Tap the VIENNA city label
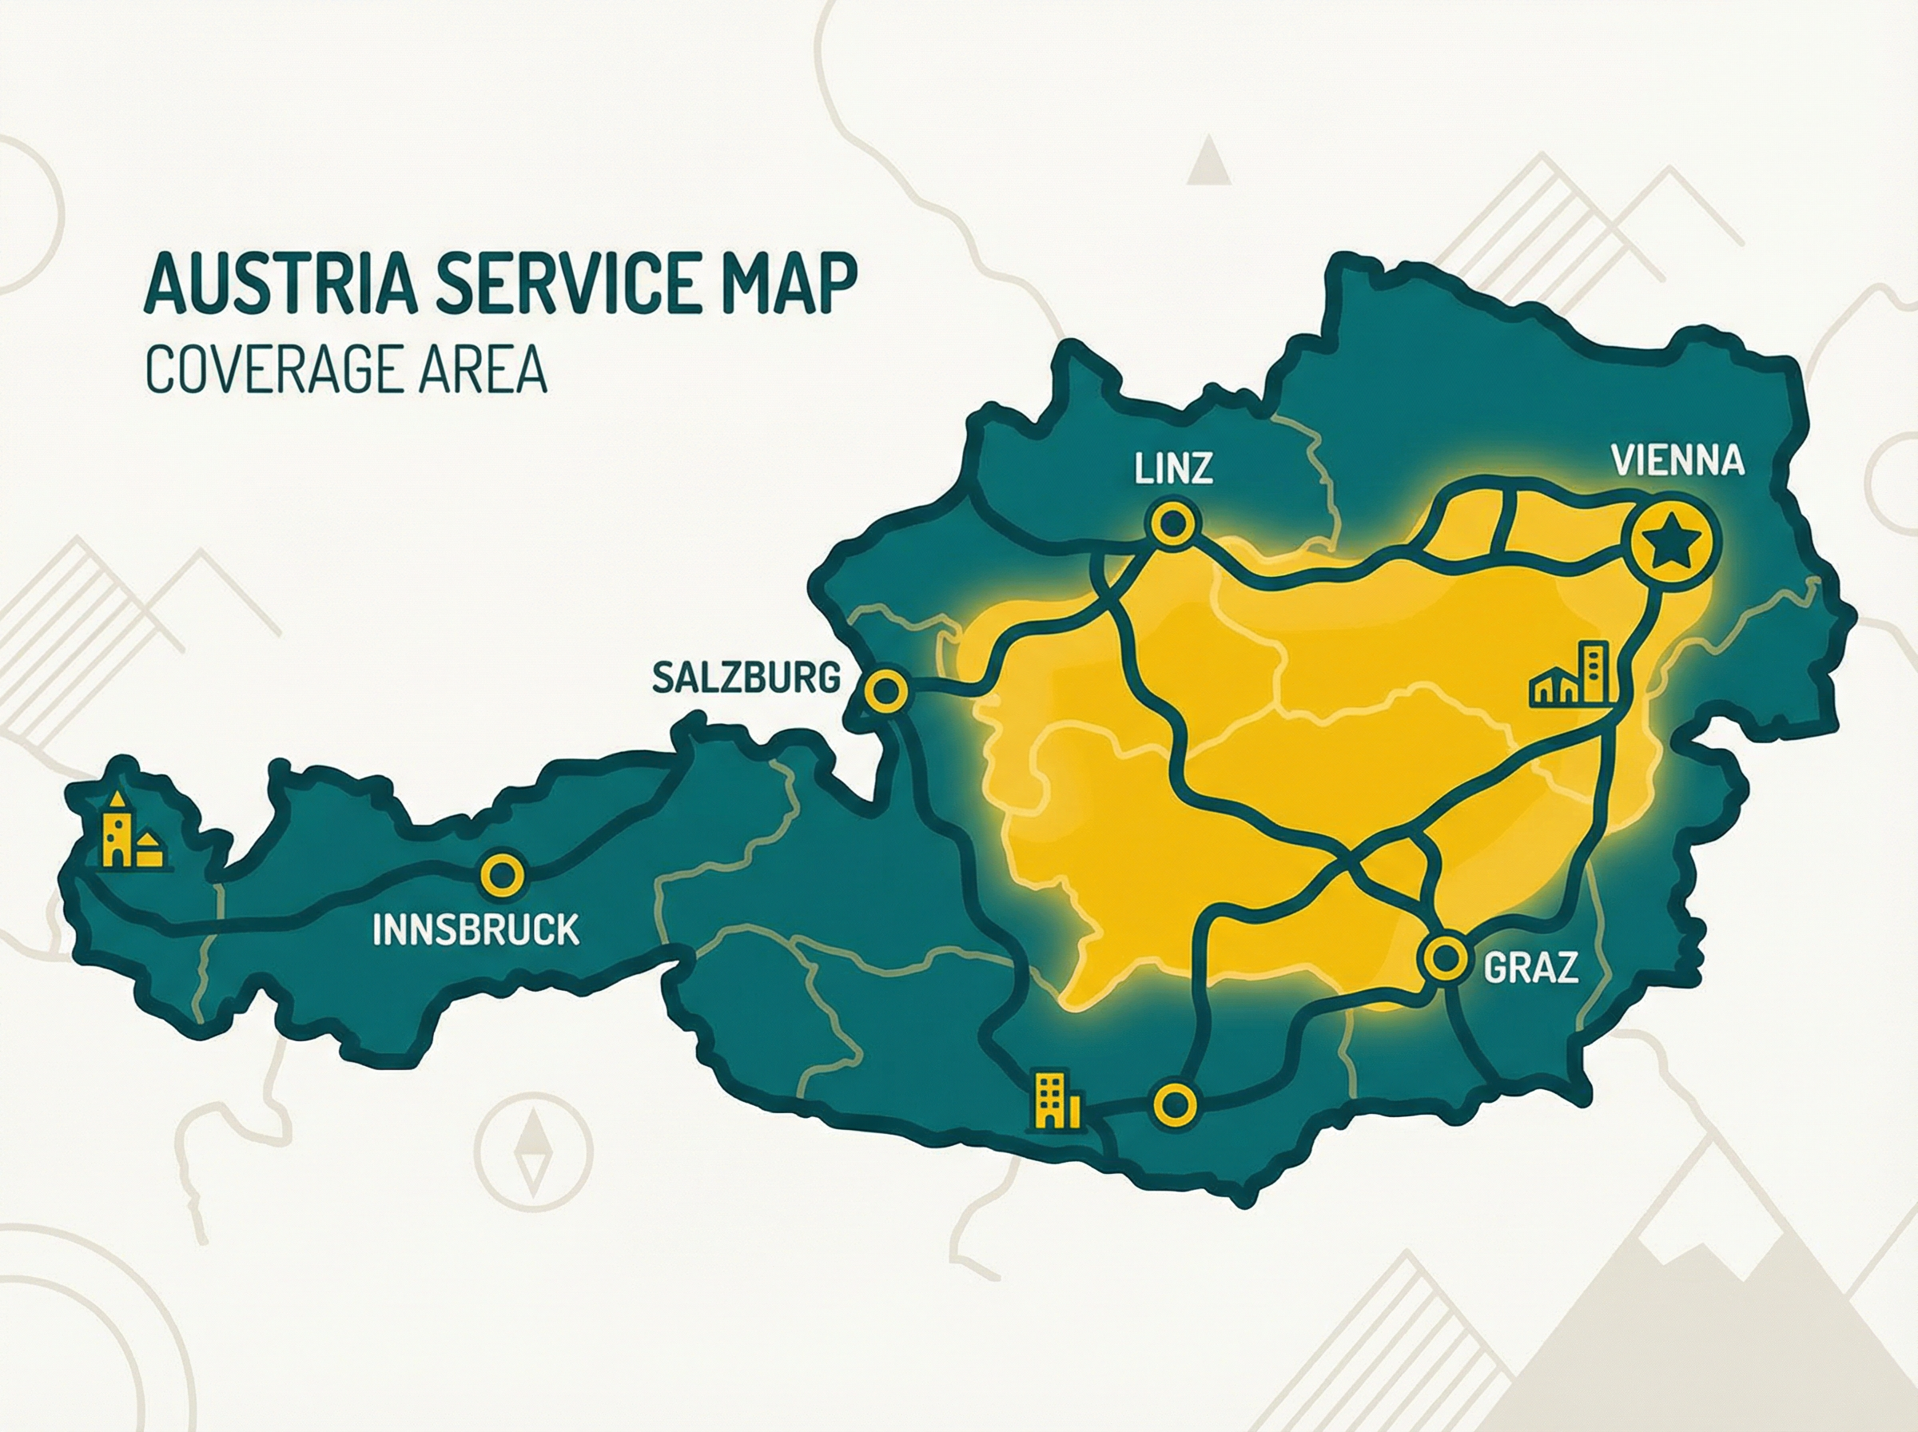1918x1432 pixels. click(1677, 460)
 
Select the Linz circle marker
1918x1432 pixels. click(1172, 523)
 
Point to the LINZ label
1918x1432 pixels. click(1172, 469)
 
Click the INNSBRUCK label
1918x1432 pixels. click(476, 929)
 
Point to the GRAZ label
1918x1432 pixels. click(1530, 969)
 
